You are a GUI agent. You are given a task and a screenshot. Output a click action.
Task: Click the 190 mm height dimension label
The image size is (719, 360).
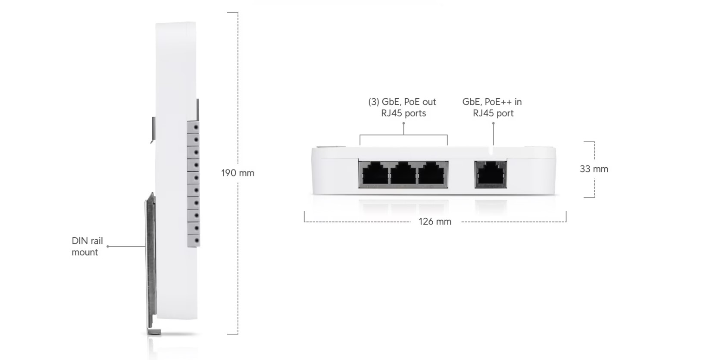pyautogui.click(x=238, y=173)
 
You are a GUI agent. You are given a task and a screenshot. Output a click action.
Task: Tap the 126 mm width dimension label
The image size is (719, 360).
pyautogui.click(x=435, y=222)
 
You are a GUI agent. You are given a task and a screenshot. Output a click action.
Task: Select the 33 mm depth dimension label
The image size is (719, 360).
pyautogui.click(x=594, y=169)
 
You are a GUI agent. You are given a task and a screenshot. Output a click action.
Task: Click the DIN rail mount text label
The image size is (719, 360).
pyautogui.click(x=88, y=246)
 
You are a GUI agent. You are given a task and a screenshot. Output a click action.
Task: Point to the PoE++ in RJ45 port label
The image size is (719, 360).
pyautogui.click(x=492, y=107)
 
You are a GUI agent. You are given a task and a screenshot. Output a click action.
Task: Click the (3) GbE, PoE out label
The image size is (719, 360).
pyautogui.click(x=402, y=102)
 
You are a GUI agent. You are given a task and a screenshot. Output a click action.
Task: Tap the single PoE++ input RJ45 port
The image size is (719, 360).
pyautogui.click(x=491, y=174)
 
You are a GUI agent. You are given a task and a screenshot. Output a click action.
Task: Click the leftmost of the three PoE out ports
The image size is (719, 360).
pyautogui.click(x=375, y=174)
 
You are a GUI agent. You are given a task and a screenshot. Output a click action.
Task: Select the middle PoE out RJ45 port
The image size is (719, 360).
pyautogui.click(x=403, y=174)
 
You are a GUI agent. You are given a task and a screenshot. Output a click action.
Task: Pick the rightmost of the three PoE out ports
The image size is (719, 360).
pyautogui.click(x=431, y=174)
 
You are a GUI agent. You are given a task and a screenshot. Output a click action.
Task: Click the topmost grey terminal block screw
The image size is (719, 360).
pyautogui.click(x=196, y=128)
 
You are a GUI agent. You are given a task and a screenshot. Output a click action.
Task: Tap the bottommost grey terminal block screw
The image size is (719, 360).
pyautogui.click(x=197, y=241)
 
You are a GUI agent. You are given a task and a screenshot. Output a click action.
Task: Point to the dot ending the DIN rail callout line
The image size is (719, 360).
pyautogui.click(x=108, y=247)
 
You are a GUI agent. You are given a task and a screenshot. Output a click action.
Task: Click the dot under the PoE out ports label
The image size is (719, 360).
pyautogui.click(x=403, y=123)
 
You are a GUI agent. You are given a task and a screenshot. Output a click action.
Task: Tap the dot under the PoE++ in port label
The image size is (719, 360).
pyautogui.click(x=494, y=123)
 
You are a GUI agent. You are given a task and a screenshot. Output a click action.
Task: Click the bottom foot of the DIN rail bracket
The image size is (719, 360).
pyautogui.click(x=154, y=332)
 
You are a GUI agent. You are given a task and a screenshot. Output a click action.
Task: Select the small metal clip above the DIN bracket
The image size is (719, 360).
pyautogui.click(x=153, y=130)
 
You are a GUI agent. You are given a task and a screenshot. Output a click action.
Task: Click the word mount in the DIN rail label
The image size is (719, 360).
pyautogui.click(x=85, y=252)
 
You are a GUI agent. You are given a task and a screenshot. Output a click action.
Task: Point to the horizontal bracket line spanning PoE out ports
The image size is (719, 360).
pyautogui.click(x=403, y=135)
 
